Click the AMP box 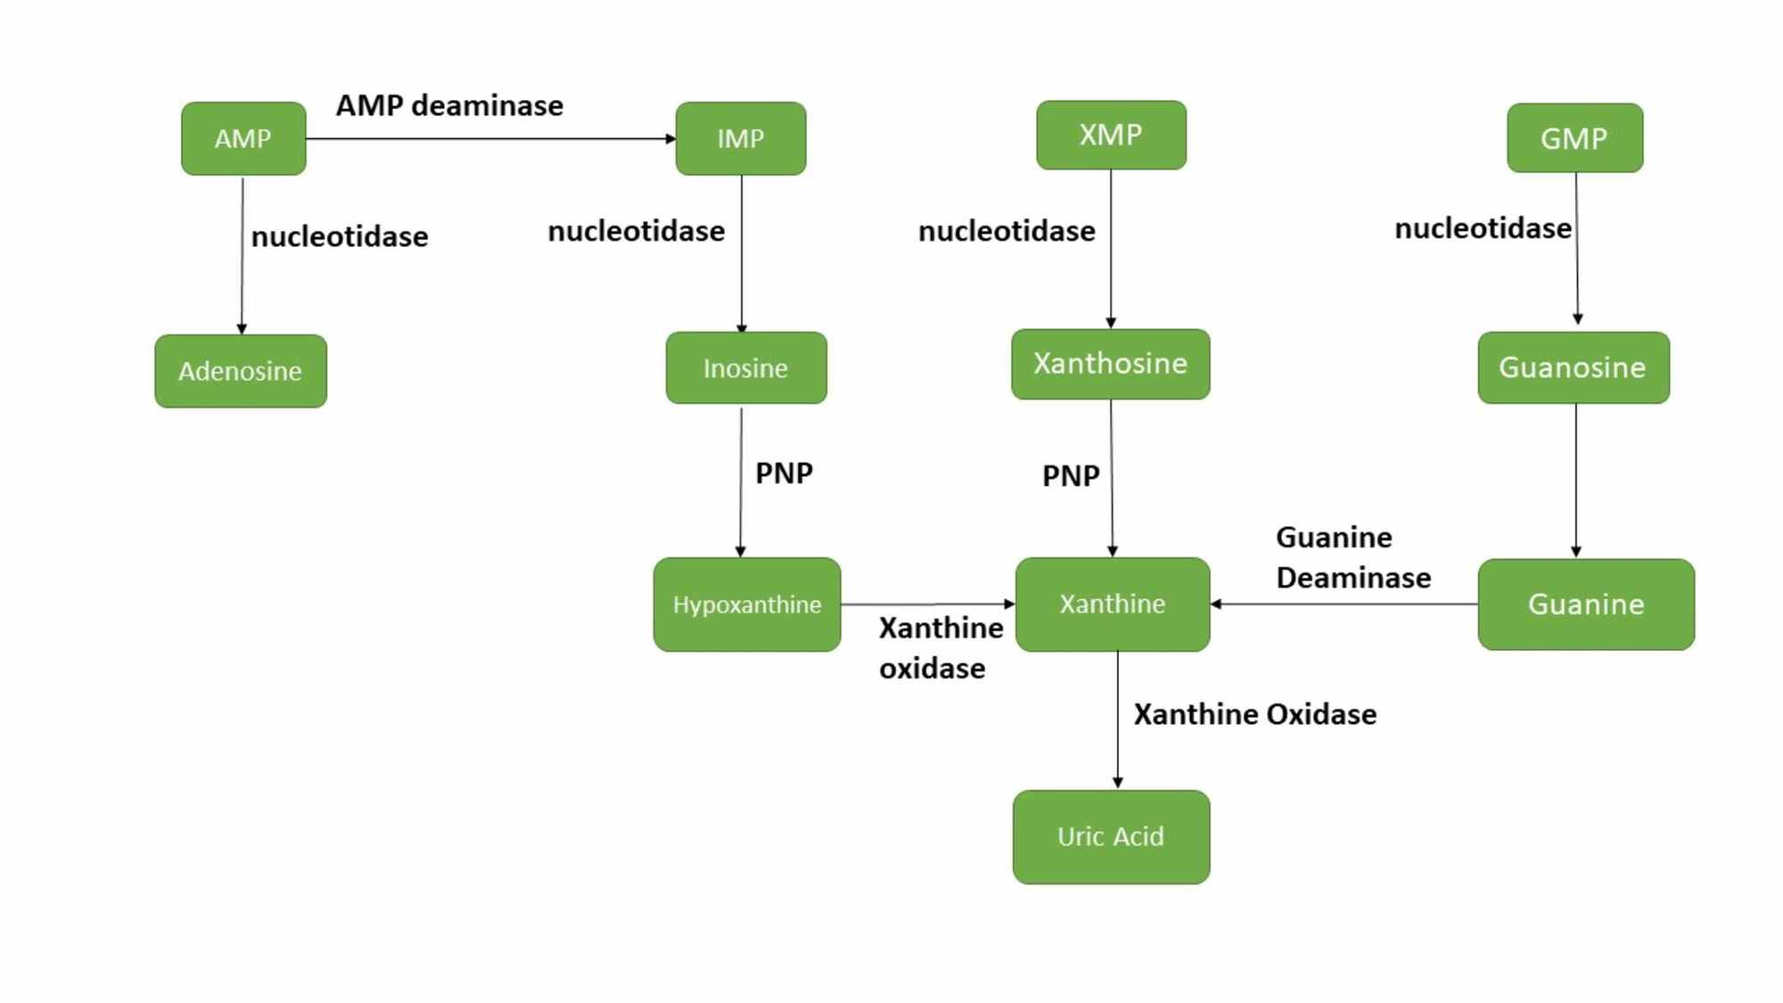[x=243, y=138]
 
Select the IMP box [x=741, y=138]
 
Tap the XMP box [x=1111, y=135]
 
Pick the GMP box [x=1575, y=138]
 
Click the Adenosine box [x=241, y=371]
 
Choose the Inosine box [x=746, y=368]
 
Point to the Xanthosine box [x=1111, y=364]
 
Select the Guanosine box [x=1573, y=367]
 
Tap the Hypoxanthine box [x=747, y=604]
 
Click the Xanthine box [x=1113, y=604]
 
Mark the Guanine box [x=1586, y=604]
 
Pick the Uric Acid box [x=1111, y=836]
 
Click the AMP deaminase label [x=449, y=105]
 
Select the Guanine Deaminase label [x=1353, y=557]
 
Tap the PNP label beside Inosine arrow [x=784, y=473]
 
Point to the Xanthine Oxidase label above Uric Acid [x=1255, y=714]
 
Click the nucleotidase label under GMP [x=1483, y=228]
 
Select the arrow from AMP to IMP [x=491, y=138]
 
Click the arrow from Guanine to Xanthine [x=1344, y=604]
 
